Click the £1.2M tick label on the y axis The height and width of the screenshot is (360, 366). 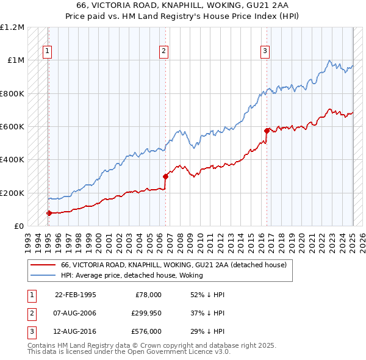click(x=12, y=27)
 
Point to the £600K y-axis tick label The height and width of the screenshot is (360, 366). click(x=12, y=127)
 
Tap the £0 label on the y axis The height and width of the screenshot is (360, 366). click(x=18, y=226)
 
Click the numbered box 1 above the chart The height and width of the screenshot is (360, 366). click(x=47, y=52)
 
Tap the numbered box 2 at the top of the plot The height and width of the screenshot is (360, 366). click(x=164, y=52)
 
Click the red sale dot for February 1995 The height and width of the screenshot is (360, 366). click(x=49, y=213)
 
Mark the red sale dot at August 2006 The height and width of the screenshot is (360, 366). click(x=165, y=176)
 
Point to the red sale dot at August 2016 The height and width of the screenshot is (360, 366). click(x=267, y=131)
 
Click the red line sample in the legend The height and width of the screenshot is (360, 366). click(x=43, y=265)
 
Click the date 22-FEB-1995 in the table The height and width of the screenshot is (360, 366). click(x=76, y=295)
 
